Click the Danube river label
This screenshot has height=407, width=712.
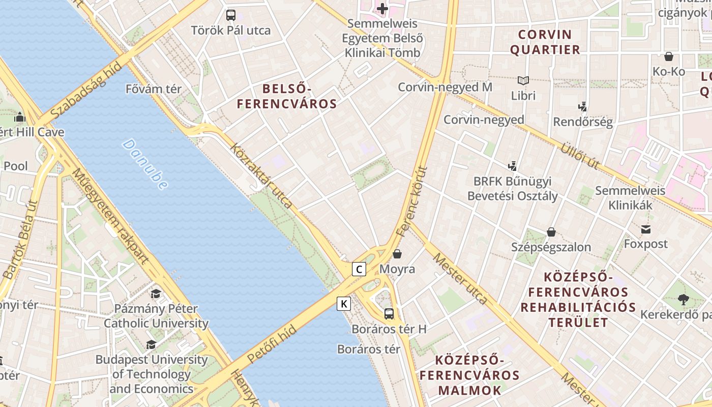click(x=145, y=164)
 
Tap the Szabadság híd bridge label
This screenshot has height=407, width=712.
click(x=86, y=91)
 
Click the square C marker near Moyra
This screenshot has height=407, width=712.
click(x=359, y=269)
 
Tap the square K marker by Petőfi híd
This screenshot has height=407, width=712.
click(x=344, y=304)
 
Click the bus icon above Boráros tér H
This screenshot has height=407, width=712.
click(x=389, y=314)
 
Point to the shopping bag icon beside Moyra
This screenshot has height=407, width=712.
click(x=397, y=253)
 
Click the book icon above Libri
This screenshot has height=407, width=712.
click(x=523, y=80)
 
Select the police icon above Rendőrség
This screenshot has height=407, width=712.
click(x=583, y=107)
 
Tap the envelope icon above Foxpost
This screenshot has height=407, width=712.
click(x=646, y=229)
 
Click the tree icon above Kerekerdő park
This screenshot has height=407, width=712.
click(x=683, y=299)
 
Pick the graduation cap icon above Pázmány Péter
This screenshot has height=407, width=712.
click(x=156, y=294)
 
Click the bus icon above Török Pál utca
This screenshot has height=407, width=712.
click(x=231, y=15)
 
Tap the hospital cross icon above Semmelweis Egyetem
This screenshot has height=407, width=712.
click(x=382, y=8)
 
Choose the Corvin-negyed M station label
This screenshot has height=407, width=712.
click(x=445, y=87)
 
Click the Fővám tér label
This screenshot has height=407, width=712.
click(x=154, y=89)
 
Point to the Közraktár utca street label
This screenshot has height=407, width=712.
click(x=261, y=176)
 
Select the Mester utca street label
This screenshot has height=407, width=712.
click(x=460, y=278)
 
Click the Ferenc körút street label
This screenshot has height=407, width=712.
click(x=412, y=201)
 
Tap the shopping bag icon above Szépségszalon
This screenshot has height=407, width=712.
click(x=551, y=232)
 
